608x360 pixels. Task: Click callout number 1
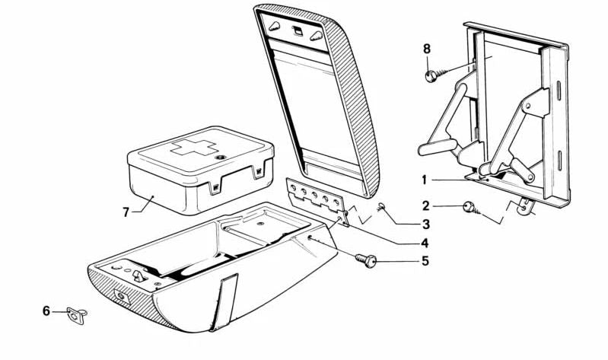[425, 180]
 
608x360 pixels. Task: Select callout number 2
[426, 206]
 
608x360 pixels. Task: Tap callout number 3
[426, 224]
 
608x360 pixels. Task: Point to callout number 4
[425, 243]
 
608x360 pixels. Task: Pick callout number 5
[425, 261]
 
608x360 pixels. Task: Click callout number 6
[46, 311]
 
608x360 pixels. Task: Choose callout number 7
[126, 212]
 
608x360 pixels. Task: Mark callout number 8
[427, 49]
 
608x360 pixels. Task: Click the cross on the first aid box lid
[194, 147]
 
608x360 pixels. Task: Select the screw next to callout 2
[472, 209]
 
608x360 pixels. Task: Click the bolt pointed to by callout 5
[366, 260]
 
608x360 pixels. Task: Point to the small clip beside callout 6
[77, 314]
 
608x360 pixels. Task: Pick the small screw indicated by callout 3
[380, 207]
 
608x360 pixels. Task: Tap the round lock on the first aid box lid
[221, 158]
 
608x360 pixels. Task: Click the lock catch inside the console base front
[138, 276]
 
